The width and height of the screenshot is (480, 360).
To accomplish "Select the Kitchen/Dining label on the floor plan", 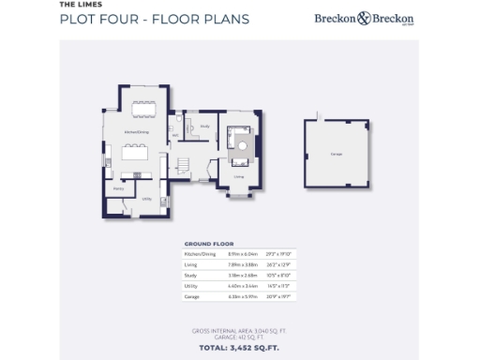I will (x=137, y=132).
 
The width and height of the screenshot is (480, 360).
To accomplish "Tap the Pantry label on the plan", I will (x=119, y=188).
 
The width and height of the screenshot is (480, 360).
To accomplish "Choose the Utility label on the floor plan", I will (x=147, y=199).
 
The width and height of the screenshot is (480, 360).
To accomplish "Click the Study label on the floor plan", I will (x=204, y=125).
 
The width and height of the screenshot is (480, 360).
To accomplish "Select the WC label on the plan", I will (x=175, y=135).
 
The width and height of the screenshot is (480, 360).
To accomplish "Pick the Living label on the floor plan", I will (x=239, y=175).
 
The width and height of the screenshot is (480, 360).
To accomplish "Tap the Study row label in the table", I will (x=190, y=275).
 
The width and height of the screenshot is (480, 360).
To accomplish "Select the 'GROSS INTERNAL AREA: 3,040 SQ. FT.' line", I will (x=239, y=330).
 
